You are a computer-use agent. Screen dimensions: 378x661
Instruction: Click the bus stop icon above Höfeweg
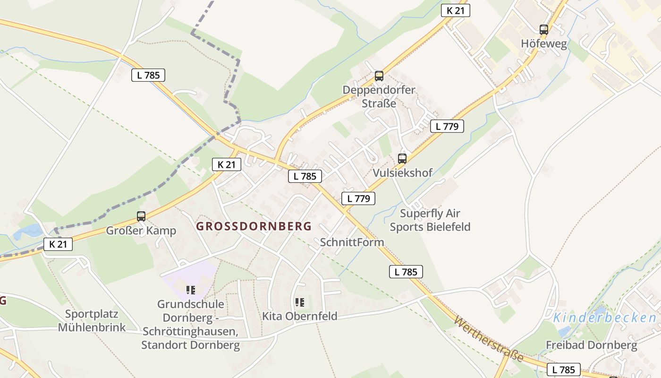543,29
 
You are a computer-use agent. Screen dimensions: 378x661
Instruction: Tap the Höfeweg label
543,43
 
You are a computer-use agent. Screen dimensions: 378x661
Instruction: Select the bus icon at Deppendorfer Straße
379,76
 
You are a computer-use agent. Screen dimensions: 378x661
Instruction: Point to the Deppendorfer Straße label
379,96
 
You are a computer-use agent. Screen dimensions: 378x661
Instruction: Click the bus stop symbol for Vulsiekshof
402,158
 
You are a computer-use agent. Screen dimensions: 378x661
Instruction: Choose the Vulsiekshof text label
402,173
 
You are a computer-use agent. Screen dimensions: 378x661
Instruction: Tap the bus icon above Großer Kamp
141,216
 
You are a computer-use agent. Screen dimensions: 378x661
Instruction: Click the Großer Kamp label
141,231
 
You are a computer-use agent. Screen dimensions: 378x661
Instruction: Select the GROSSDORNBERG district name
254,226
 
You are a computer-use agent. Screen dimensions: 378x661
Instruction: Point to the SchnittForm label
352,242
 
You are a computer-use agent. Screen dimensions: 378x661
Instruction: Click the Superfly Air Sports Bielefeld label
430,220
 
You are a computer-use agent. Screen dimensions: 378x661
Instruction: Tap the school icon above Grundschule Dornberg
190,290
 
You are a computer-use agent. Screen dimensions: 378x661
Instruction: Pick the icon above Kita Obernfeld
299,302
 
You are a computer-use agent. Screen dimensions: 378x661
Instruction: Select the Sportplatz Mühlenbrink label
92,320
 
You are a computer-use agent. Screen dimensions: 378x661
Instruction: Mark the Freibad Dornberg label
591,345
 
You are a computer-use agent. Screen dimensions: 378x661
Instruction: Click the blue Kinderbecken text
604,318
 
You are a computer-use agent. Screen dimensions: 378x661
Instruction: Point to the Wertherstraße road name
489,339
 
